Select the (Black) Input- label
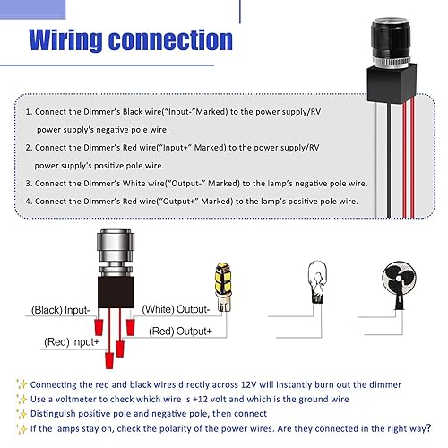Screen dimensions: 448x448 point(60,309)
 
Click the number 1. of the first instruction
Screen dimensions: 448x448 point(29,114)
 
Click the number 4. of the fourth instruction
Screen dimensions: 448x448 point(29,201)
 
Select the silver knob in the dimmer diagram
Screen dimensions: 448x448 point(117,254)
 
